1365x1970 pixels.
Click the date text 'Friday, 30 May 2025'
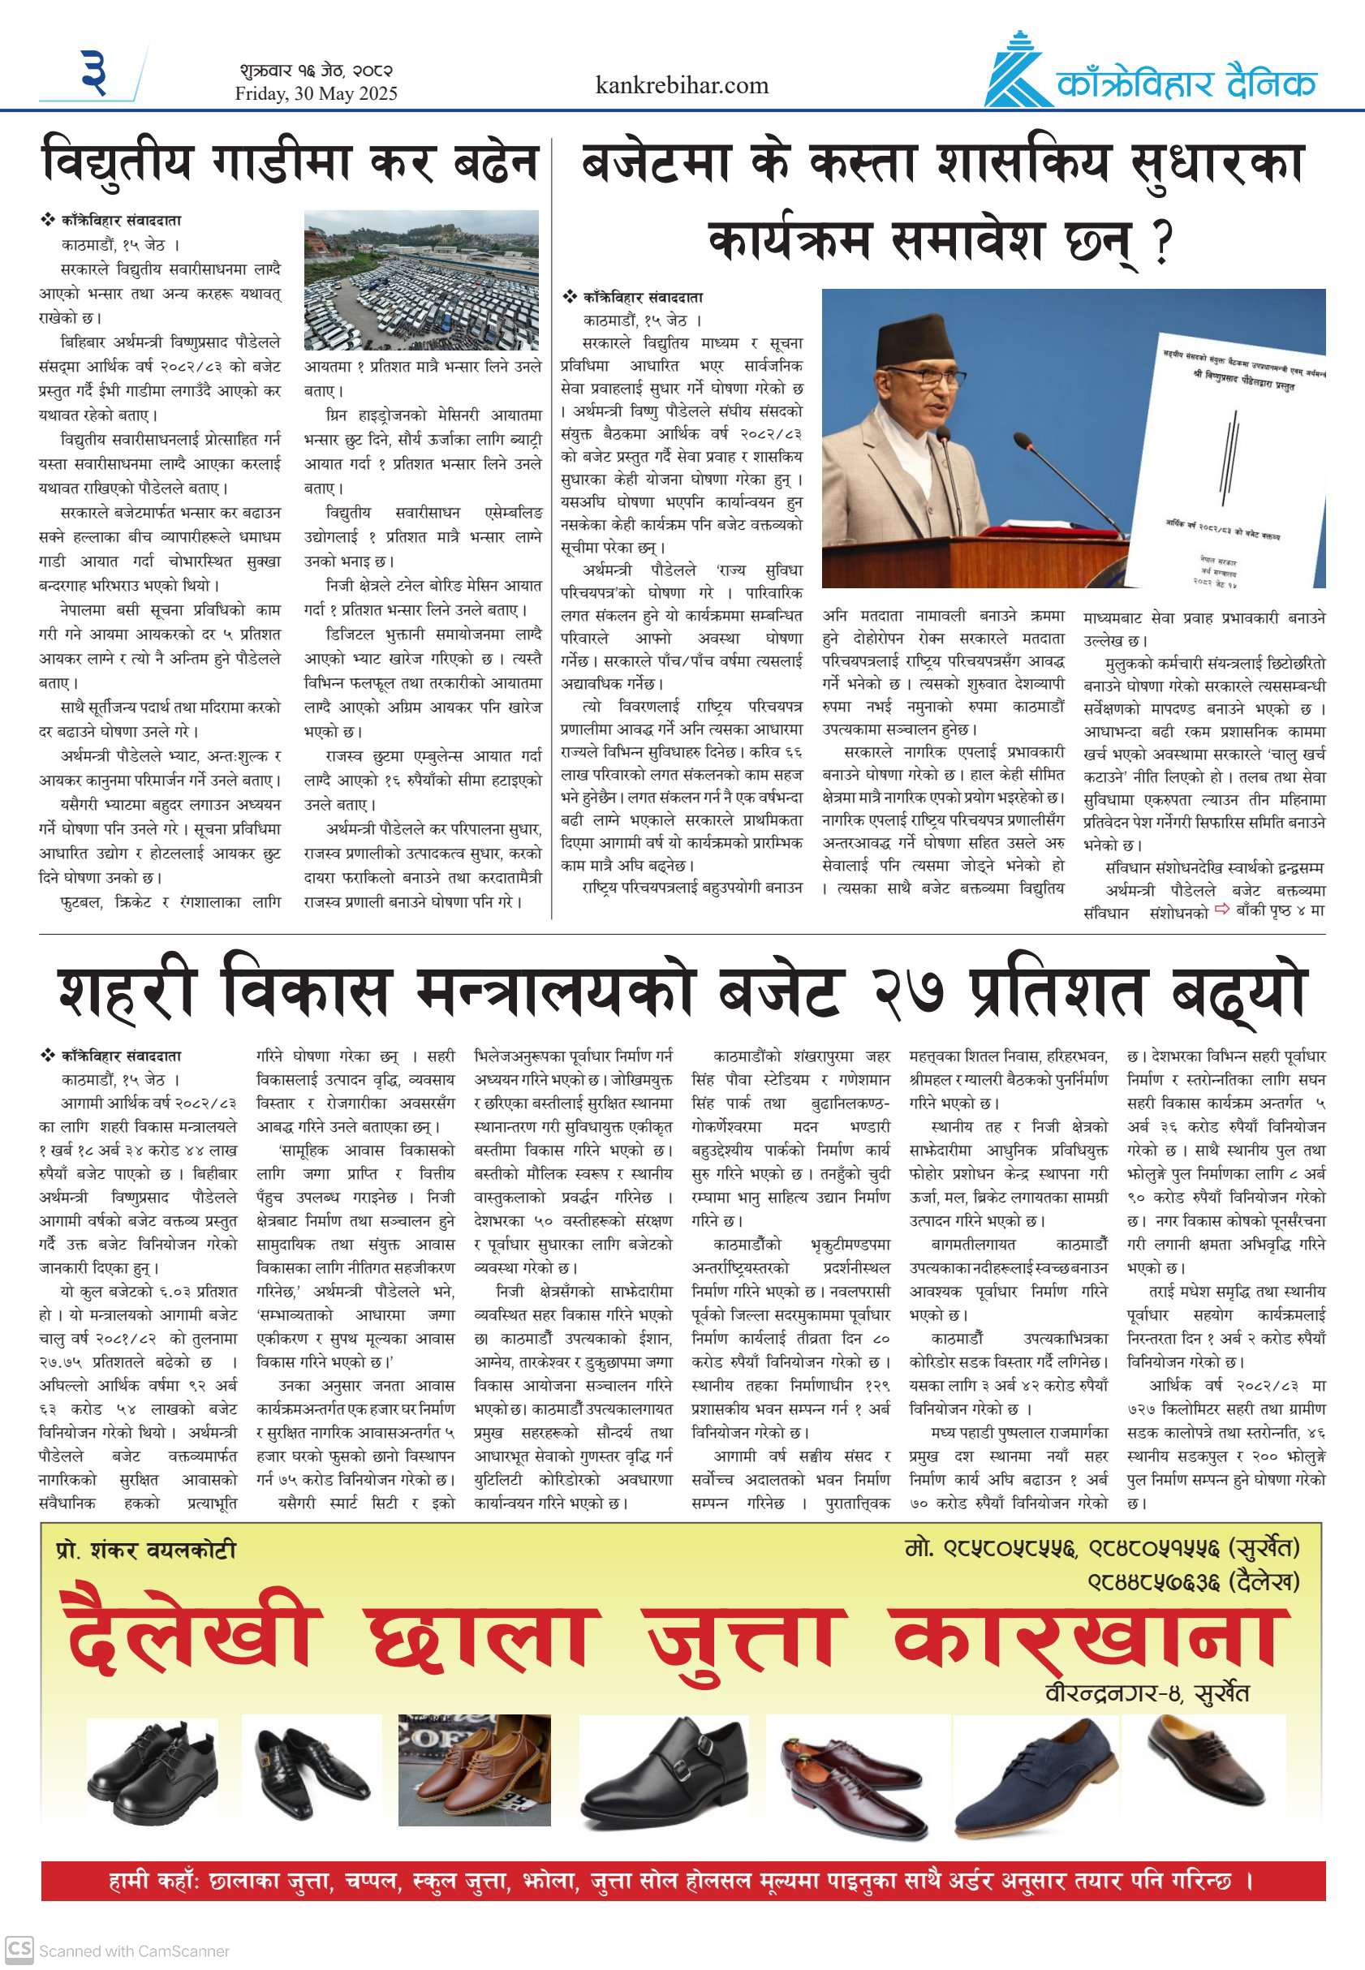click(316, 93)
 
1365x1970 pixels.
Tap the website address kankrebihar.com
click(682, 85)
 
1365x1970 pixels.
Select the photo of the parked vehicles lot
click(422, 281)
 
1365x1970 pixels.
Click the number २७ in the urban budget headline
click(908, 991)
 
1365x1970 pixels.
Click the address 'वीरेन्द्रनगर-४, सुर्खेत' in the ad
click(1146, 1693)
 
